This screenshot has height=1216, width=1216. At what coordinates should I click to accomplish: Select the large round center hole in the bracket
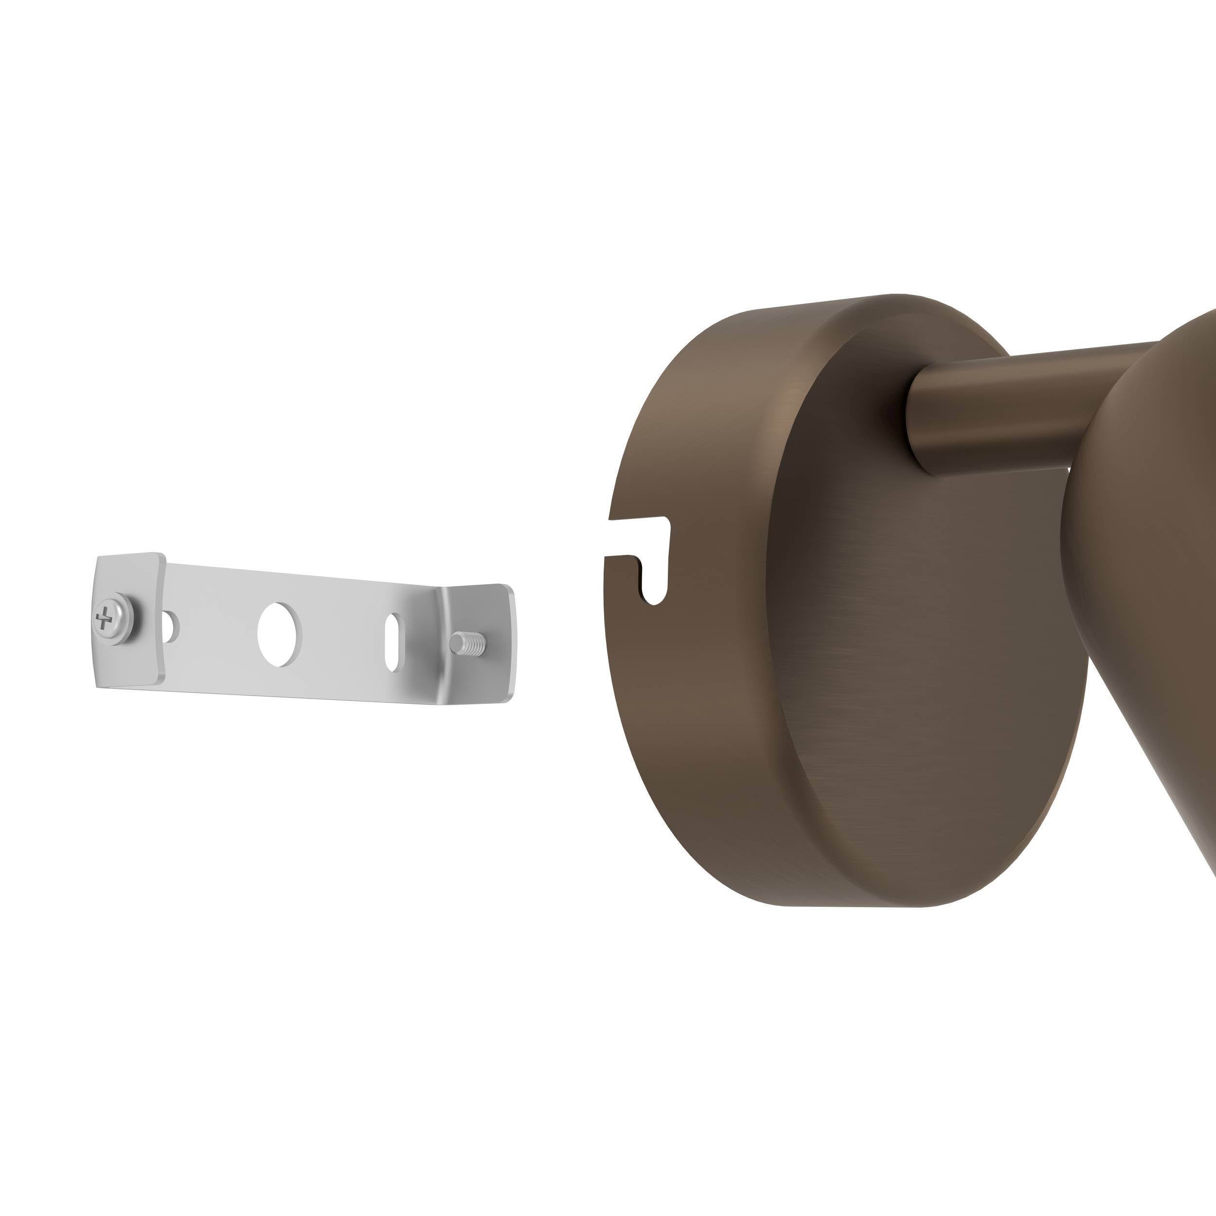tap(279, 635)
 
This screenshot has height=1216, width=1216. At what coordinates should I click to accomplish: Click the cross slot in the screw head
tap(104, 619)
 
